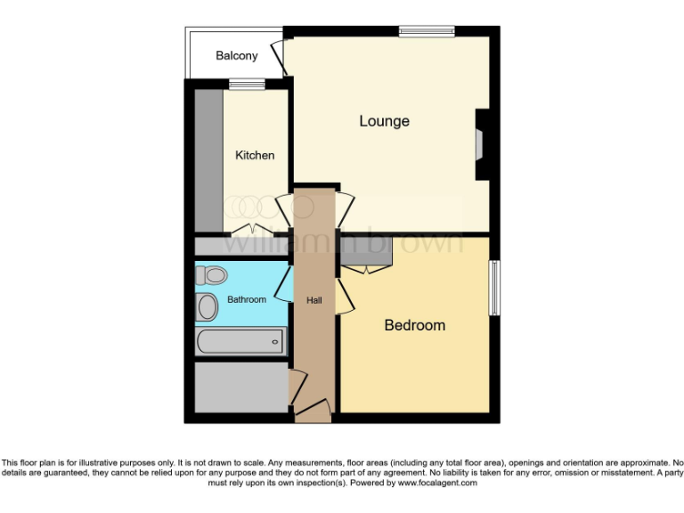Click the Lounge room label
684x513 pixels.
tap(384, 121)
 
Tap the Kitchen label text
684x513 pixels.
tap(255, 155)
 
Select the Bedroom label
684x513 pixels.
tap(414, 325)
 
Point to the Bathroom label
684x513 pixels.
tap(247, 299)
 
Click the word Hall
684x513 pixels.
tap(313, 300)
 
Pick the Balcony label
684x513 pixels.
tap(237, 55)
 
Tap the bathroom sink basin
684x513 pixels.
tap(208, 307)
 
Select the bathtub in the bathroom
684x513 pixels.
tap(240, 339)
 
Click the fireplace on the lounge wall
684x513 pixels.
tap(480, 143)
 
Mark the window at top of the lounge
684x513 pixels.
tap(426, 32)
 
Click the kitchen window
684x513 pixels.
tap(247, 85)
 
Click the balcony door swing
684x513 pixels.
tap(279, 56)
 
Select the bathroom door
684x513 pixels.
tap(284, 287)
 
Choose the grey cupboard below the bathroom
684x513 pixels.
tap(240, 387)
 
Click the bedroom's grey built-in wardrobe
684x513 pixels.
tap(365, 253)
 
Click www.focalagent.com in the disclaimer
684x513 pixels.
tap(437, 484)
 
